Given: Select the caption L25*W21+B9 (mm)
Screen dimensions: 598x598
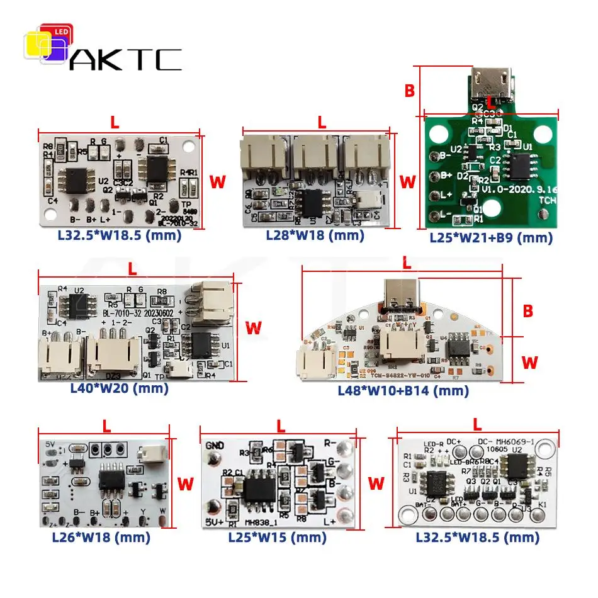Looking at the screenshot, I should click(491, 238).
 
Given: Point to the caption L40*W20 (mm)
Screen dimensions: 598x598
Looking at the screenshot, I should click(120, 388).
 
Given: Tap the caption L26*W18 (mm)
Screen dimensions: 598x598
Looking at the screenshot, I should click(101, 537).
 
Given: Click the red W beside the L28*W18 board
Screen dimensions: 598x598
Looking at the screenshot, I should click(408, 182).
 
